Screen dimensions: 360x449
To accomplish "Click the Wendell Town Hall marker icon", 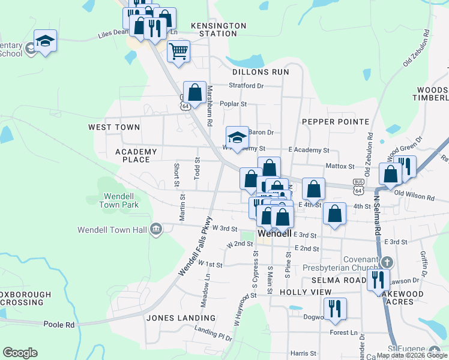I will coord(155,229).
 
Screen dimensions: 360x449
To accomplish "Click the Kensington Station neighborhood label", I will coord(218,29).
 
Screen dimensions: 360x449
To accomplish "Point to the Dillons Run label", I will coord(264,72).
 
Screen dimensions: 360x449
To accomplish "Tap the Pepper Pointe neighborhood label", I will coord(335,121).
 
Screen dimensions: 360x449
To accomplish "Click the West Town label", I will coord(114,127).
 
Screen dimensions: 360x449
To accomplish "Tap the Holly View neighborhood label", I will coord(306,292).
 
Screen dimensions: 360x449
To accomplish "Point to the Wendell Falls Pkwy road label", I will coord(196,247).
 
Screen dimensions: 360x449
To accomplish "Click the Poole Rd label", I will coord(58,324).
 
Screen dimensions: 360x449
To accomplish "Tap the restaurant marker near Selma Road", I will coord(378,280).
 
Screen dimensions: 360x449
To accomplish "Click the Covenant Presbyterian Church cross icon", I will coord(387,262).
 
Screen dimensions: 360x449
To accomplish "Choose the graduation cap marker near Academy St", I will coord(237,137).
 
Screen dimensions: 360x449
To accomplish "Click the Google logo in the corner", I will coord(20,353).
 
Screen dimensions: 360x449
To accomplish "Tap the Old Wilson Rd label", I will coord(414,197).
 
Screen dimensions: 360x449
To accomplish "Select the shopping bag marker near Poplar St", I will coord(194,92).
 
